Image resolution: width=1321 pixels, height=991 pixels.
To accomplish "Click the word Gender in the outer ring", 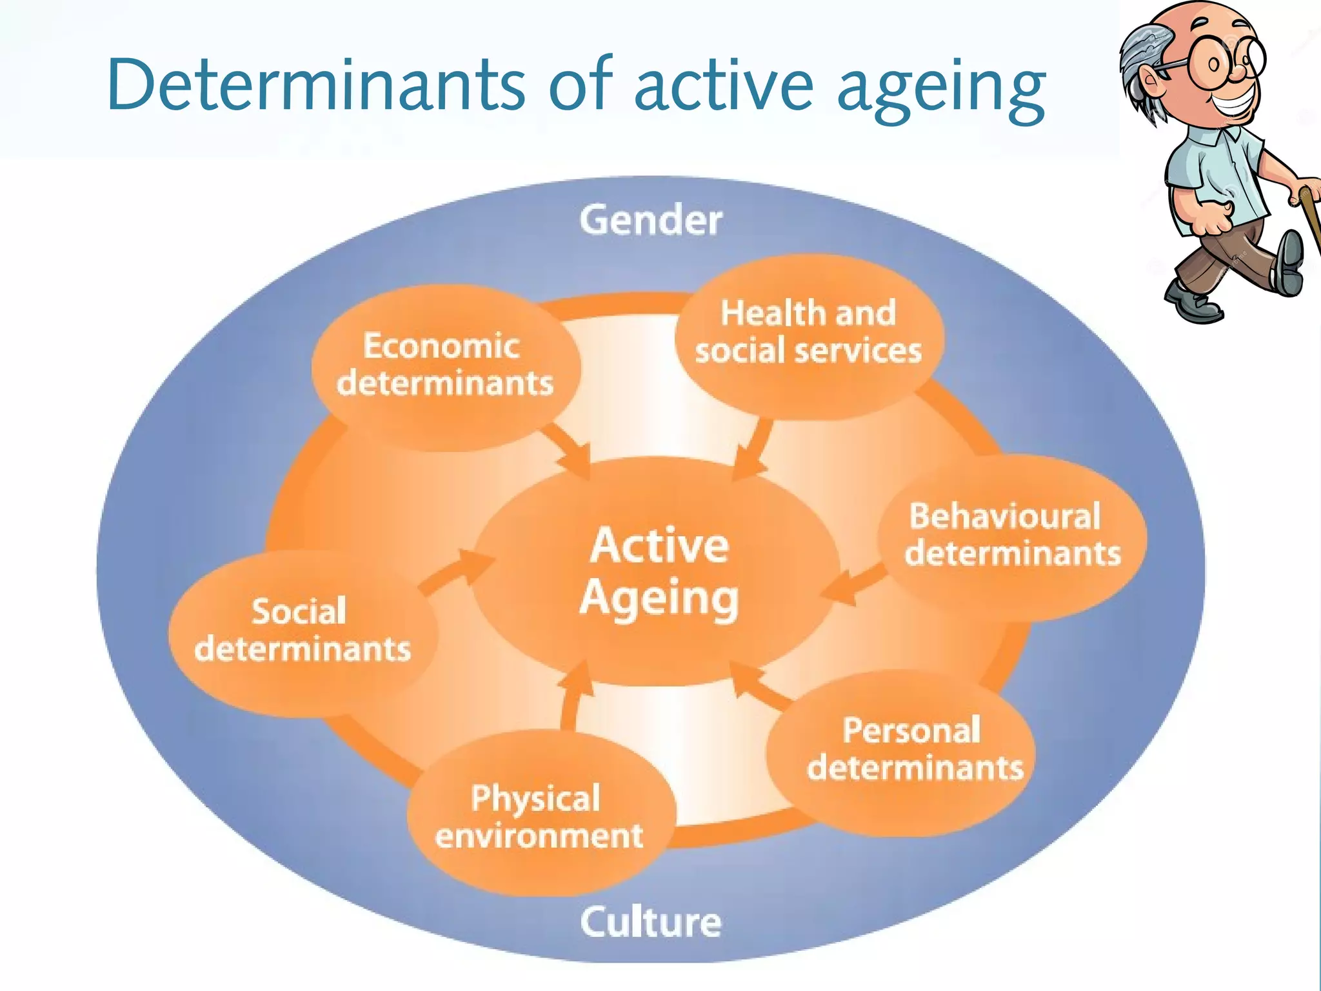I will pos(650,221).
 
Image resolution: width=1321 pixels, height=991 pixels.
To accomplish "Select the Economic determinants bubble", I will pos(445,365).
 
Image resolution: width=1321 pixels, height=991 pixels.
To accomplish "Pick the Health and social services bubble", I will pos(808,333).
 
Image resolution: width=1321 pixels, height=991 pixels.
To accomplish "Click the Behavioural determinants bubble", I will pos(1011,536).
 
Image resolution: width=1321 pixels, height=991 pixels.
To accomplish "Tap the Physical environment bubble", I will pos(539,817).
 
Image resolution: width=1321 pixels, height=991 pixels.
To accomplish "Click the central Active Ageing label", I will pos(659,571).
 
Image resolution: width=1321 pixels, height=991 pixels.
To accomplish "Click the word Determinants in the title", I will pos(316,85).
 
